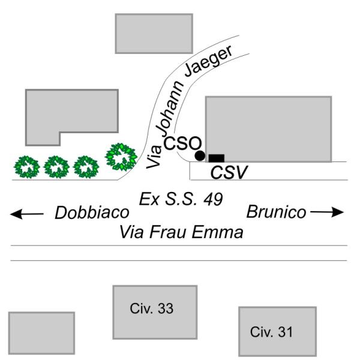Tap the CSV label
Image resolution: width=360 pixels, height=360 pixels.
click(229, 172)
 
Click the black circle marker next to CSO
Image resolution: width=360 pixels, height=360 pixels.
click(200, 156)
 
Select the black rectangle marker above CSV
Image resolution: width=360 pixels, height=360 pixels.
click(216, 158)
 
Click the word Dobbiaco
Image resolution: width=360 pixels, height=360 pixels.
click(92, 212)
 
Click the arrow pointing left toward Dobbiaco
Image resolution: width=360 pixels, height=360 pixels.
click(28, 212)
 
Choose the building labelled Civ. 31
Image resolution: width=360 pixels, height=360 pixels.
click(277, 331)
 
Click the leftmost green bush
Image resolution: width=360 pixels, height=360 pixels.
click(27, 167)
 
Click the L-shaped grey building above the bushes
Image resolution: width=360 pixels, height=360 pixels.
click(66, 114)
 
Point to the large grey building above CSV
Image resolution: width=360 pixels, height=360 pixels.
click(268, 128)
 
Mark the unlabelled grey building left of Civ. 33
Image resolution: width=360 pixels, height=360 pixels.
click(41, 333)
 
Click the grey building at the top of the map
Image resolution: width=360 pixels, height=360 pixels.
click(154, 33)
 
